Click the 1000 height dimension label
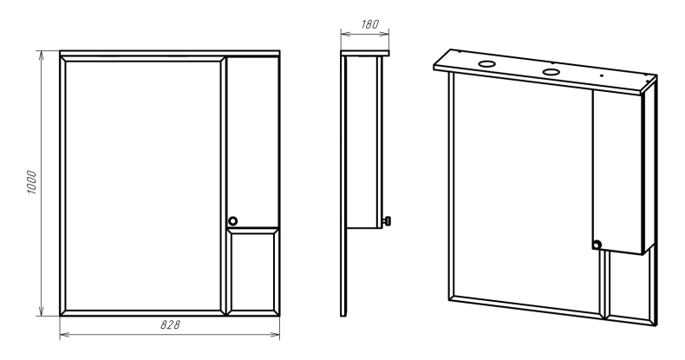click(x=32, y=182)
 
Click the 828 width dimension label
click(x=170, y=324)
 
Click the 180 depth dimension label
click(x=369, y=24)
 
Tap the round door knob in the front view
click(x=233, y=221)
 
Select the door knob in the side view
click(x=387, y=221)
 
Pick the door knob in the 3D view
click(x=597, y=245)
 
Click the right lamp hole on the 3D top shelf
click(x=551, y=72)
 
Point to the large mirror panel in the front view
click(x=143, y=186)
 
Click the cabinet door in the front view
click(x=253, y=141)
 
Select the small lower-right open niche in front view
click(x=253, y=272)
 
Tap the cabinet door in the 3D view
click(x=616, y=172)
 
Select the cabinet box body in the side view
click(x=363, y=142)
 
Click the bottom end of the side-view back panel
click(x=343, y=316)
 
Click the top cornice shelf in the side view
click(x=365, y=53)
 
